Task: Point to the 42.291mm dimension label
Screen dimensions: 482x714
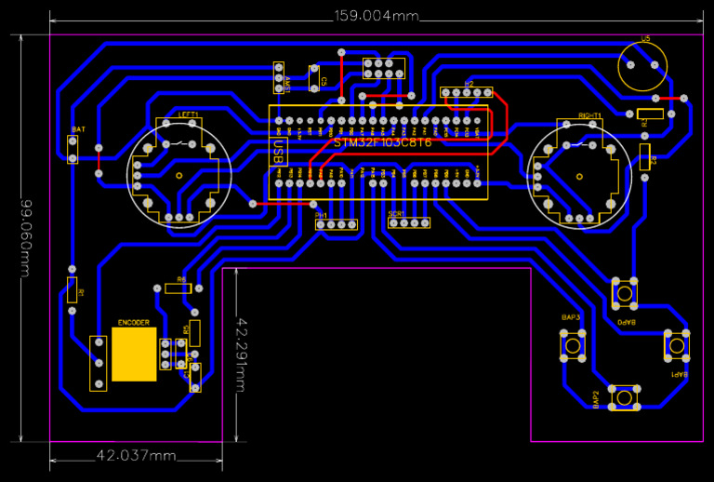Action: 242,351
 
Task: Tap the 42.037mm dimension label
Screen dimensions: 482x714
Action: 136,455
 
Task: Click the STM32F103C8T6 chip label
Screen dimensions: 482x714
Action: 383,143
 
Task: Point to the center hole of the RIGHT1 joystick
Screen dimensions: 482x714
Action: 578,176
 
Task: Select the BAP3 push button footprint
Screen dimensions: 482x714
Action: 572,344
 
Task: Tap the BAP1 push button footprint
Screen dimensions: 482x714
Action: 677,345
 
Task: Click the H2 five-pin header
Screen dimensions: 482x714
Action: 469,93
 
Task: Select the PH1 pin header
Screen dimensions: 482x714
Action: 336,225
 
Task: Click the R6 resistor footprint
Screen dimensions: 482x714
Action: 178,288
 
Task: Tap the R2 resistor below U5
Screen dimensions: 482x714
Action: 645,155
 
